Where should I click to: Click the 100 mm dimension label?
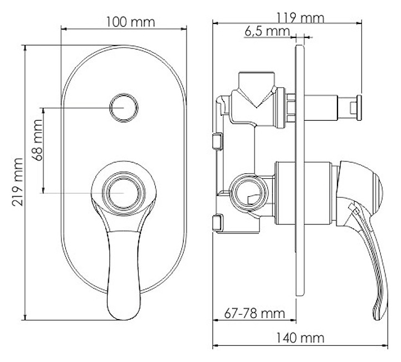(130, 22)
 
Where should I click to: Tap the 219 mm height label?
(18, 182)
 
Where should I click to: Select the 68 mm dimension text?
(37, 140)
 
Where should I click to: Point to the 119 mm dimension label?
(300, 18)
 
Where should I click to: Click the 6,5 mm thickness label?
(267, 31)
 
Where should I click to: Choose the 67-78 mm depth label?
(255, 313)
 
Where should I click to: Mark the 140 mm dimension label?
(300, 338)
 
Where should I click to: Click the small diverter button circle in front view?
(124, 107)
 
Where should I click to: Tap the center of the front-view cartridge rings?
(124, 193)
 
